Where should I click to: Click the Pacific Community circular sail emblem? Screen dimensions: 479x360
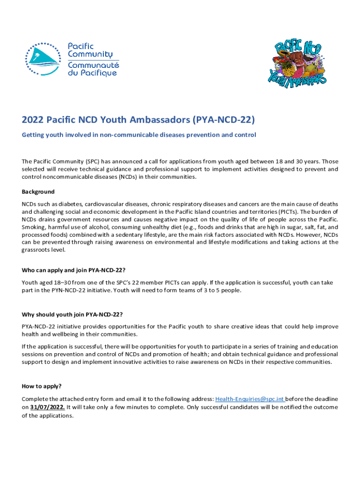43,59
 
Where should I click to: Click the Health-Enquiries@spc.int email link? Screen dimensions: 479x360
250,399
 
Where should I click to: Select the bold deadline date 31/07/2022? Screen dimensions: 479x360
47,407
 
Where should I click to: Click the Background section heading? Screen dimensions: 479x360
38,192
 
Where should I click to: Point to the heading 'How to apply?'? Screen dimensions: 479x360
42,386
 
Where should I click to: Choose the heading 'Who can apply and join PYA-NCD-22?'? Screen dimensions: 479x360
73,270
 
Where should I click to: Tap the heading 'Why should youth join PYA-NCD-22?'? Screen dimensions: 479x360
72,313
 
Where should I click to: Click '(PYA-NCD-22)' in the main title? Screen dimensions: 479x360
224,120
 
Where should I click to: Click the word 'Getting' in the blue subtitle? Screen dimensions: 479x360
34,135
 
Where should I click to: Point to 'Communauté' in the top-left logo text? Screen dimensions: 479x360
94,65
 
